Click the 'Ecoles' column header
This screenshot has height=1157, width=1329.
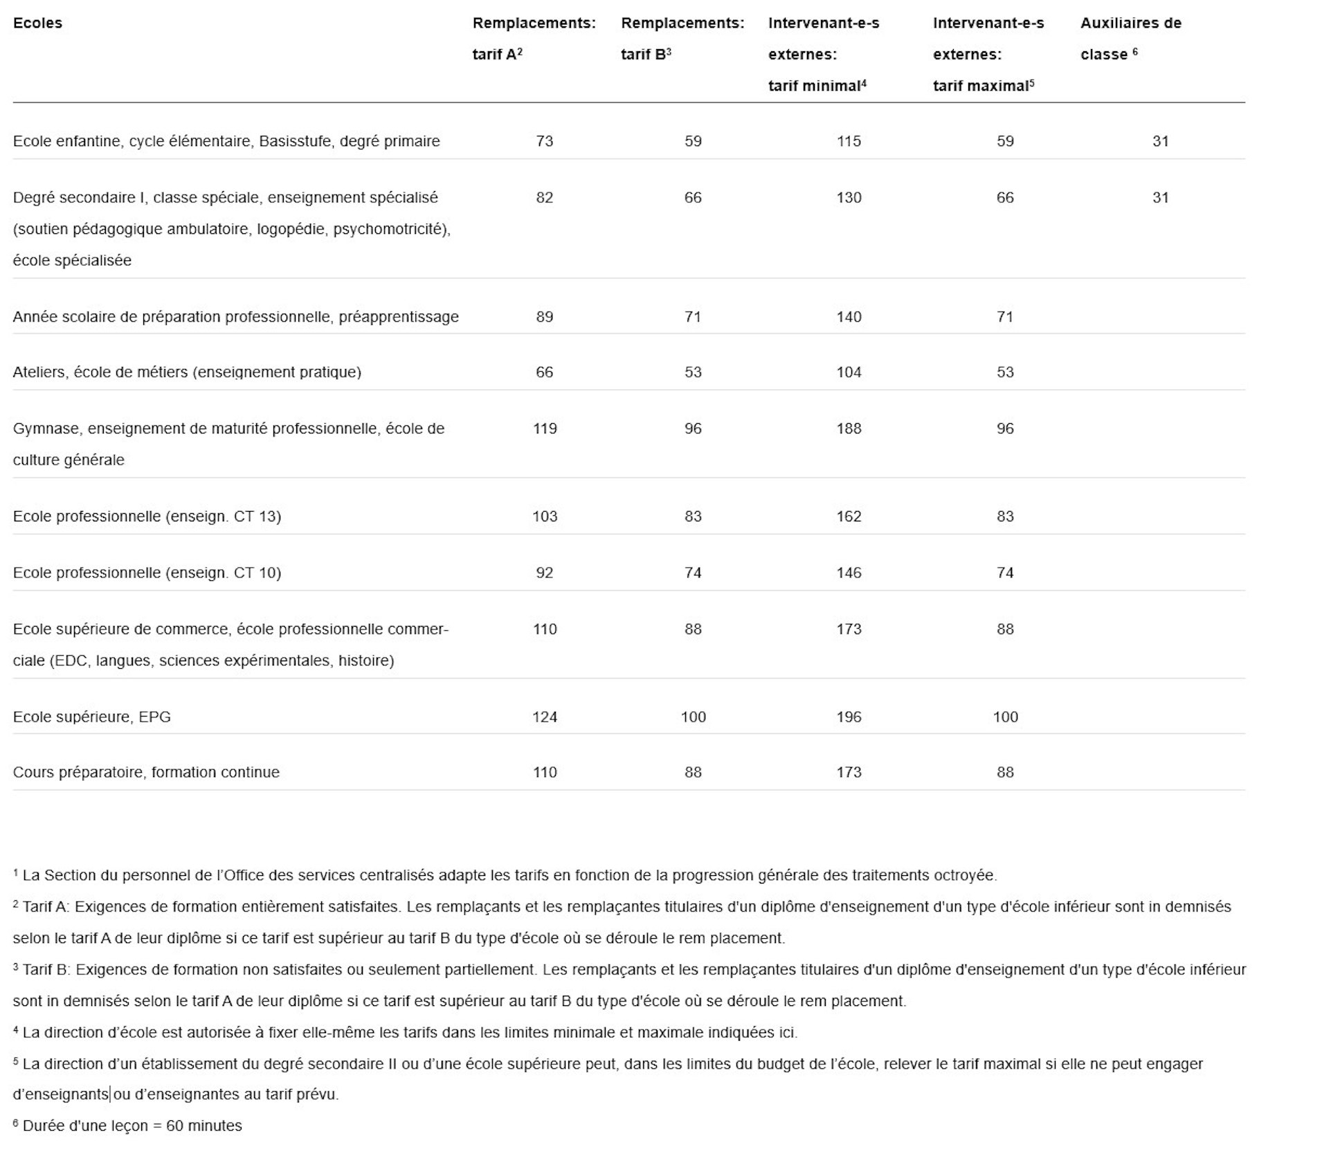coord(37,23)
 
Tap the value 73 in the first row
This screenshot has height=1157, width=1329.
coord(544,141)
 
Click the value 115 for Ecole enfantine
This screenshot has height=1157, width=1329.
coord(848,141)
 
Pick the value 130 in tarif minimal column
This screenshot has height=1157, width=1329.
coord(848,198)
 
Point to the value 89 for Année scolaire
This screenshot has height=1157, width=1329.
coord(544,317)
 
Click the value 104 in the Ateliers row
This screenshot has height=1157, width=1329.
coord(848,373)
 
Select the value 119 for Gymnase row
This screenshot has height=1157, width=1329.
coord(544,429)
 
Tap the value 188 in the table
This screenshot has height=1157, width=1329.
coord(848,429)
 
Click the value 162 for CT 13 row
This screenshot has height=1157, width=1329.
coord(848,517)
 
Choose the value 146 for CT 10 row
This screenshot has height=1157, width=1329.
coord(848,573)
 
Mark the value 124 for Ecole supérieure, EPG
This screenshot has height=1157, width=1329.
coord(544,717)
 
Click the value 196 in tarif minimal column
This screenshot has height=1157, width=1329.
coord(848,717)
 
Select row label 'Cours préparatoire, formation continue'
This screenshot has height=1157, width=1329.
coord(146,773)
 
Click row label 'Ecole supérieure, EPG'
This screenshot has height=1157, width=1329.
coord(91,717)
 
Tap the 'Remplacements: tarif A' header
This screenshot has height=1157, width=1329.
coord(534,38)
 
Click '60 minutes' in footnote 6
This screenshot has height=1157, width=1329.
coord(204,1126)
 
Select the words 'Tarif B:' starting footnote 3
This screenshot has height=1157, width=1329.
coord(46,970)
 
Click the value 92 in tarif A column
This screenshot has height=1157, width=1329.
coord(544,573)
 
